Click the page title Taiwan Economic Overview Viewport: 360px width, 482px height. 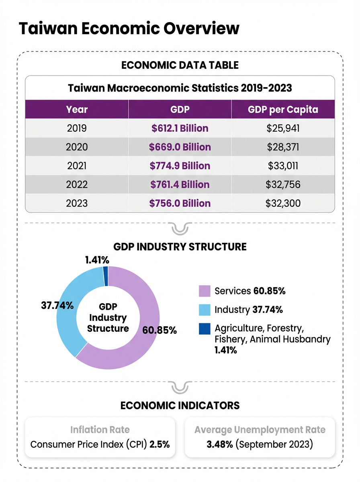pyautogui.click(x=129, y=29)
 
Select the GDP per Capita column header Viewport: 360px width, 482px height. pyautogui.click(x=283, y=109)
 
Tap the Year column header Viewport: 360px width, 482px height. pyautogui.click(x=77, y=109)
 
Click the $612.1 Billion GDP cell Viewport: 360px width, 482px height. pyautogui.click(x=180, y=129)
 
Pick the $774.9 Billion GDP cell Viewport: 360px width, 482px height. pyautogui.click(x=180, y=166)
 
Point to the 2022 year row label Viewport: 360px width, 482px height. pyautogui.click(x=77, y=185)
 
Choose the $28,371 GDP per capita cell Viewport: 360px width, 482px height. pyautogui.click(x=283, y=147)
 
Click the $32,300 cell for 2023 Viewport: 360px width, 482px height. pyautogui.click(x=283, y=203)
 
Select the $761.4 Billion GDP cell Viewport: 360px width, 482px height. pyautogui.click(x=180, y=185)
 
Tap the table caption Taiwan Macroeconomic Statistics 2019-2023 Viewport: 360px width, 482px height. pyautogui.click(x=180, y=88)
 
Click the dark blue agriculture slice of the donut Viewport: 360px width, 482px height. pyautogui.click(x=106, y=271)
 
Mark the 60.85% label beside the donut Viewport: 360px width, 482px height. pyautogui.click(x=160, y=330)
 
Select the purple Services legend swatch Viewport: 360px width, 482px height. pyautogui.click(x=205, y=291)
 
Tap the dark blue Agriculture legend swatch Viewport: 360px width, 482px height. pyautogui.click(x=205, y=329)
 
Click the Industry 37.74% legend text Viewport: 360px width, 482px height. pyautogui.click(x=248, y=310)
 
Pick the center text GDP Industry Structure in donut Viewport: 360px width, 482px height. pyautogui.click(x=108, y=318)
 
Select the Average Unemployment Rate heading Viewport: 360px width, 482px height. pyautogui.click(x=260, y=430)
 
